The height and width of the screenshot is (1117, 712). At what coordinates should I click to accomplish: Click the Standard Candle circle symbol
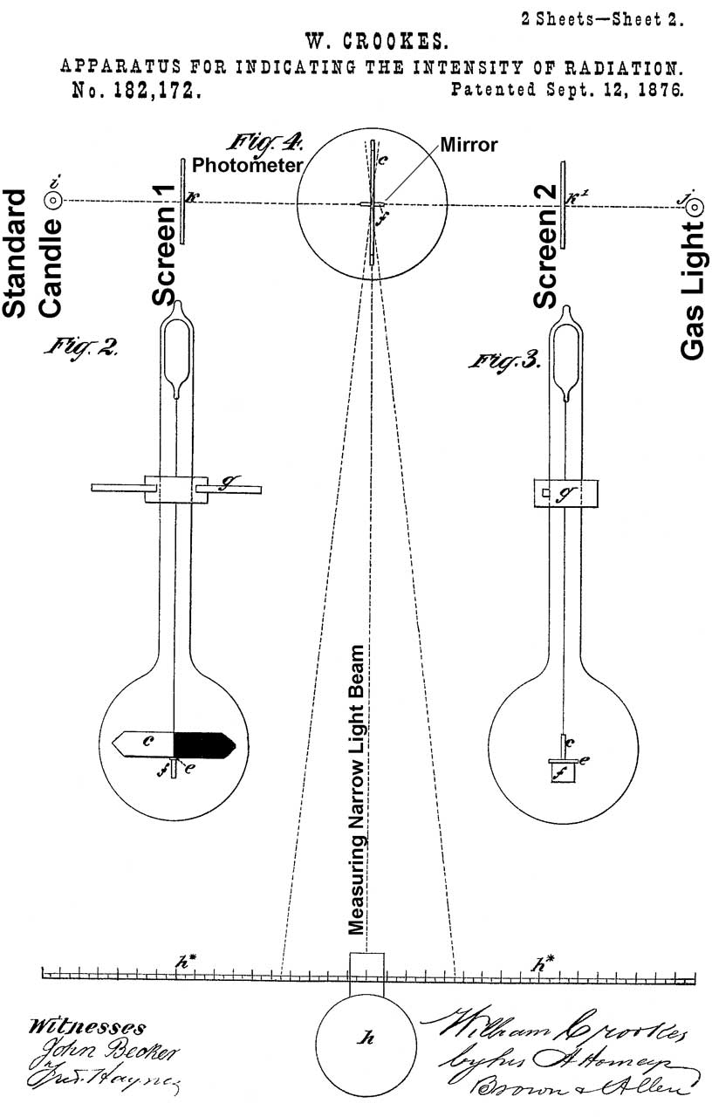pyautogui.click(x=53, y=200)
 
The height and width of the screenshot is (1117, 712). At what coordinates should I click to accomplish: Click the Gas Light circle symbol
pyautogui.click(x=695, y=206)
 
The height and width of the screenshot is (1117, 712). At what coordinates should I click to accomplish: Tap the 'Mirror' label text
pyautogui.click(x=469, y=145)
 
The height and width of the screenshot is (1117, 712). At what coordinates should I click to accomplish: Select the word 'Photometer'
pyautogui.click(x=247, y=164)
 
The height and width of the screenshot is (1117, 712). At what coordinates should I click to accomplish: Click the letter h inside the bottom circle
pyautogui.click(x=366, y=1038)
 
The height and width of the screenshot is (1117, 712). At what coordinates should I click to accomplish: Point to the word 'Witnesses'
pyautogui.click(x=87, y=1027)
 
